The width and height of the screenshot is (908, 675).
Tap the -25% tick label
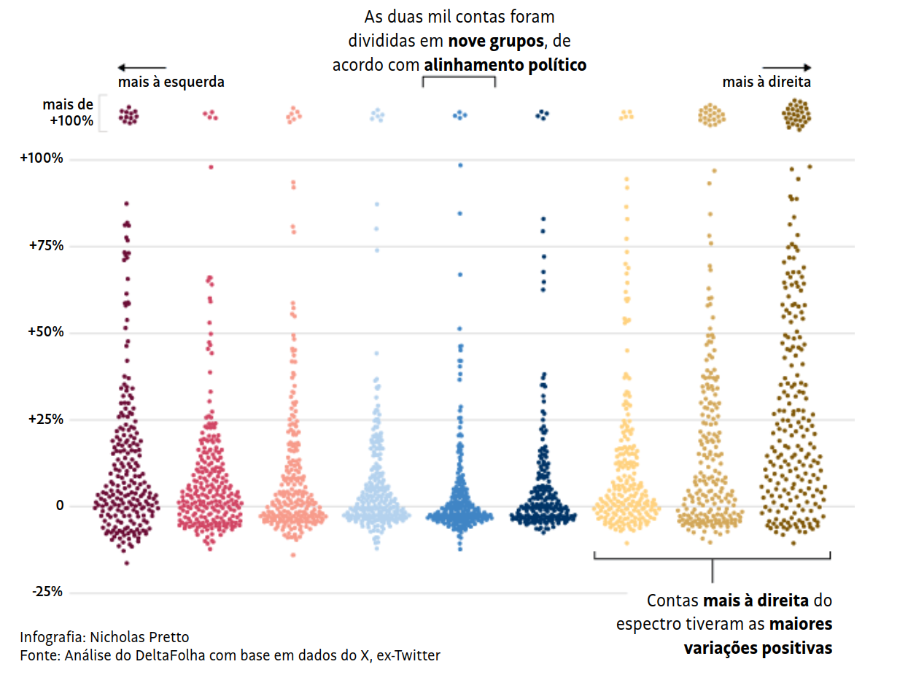(47, 592)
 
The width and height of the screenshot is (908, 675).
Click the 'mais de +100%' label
(68, 113)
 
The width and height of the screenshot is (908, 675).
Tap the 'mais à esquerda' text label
(171, 82)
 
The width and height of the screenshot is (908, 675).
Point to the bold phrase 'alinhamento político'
(505, 65)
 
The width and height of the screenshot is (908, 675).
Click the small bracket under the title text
(459, 80)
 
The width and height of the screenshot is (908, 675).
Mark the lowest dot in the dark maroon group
(126, 563)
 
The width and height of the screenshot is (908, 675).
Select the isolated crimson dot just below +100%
(211, 167)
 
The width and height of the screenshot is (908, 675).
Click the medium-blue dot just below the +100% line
(460, 165)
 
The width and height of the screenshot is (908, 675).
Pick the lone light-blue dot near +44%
(377, 353)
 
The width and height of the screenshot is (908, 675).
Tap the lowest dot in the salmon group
(293, 555)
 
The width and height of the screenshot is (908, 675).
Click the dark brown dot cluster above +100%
(796, 115)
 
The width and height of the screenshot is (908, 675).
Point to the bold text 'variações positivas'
(758, 648)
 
